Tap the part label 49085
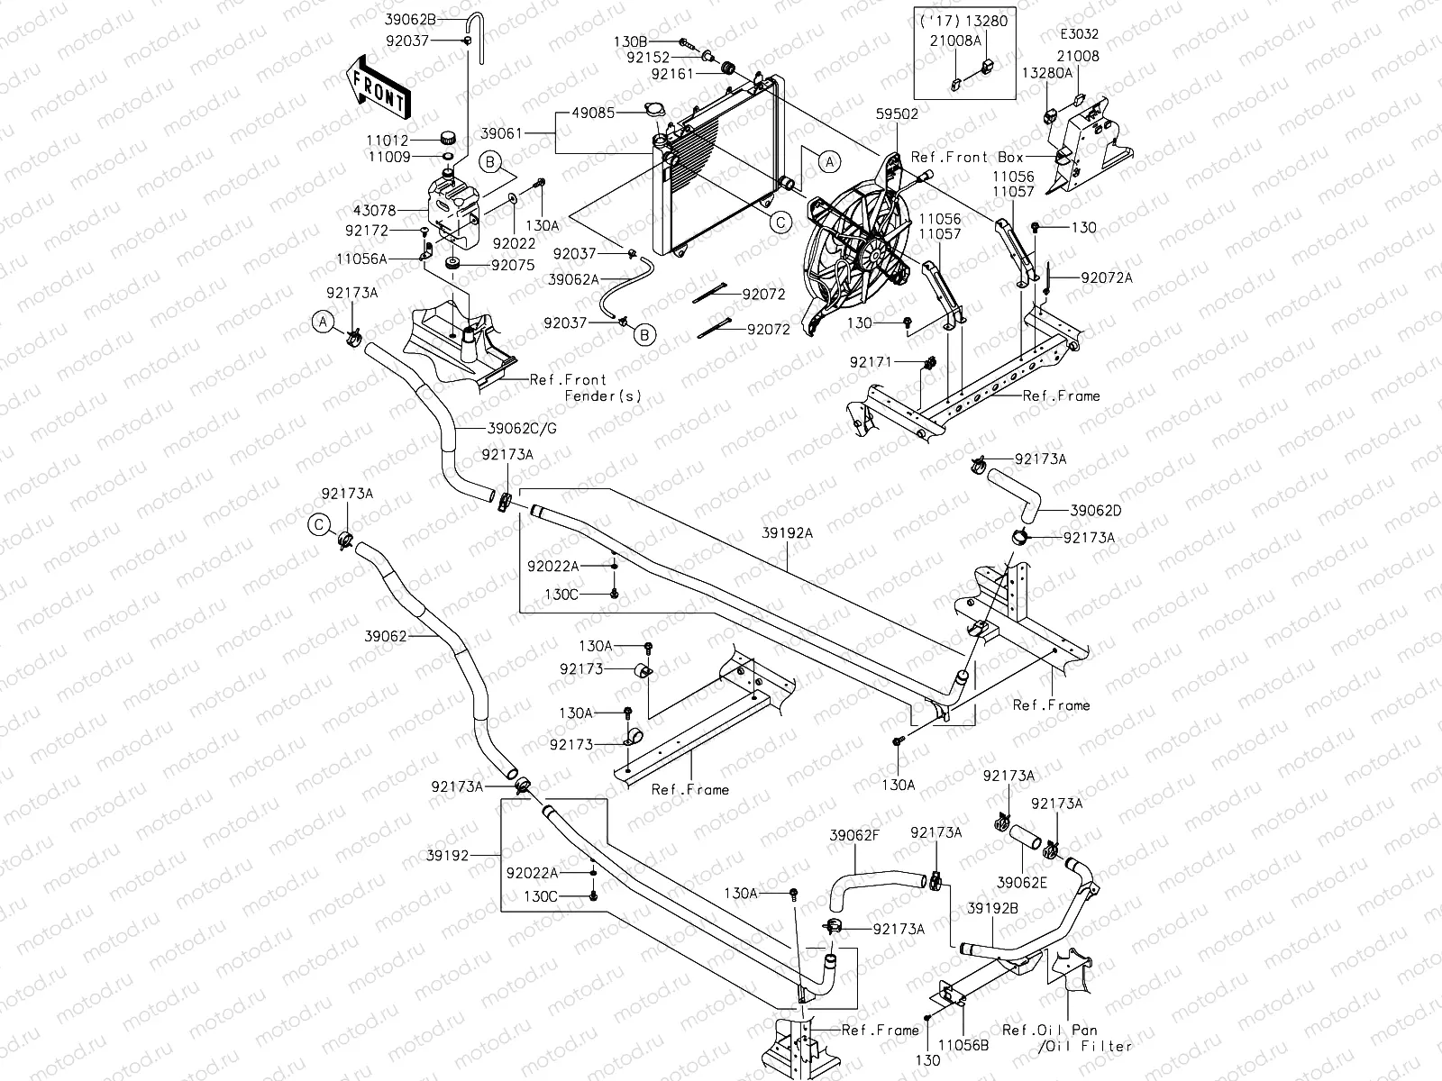pyautogui.click(x=595, y=114)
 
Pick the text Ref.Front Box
pyautogui.click(x=963, y=157)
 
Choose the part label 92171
pyautogui.click(x=870, y=362)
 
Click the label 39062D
pyautogui.click(x=1096, y=510)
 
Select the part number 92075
pyautogui.click(x=512, y=266)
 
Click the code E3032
pyautogui.click(x=1080, y=34)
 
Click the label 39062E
pyautogui.click(x=1022, y=883)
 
